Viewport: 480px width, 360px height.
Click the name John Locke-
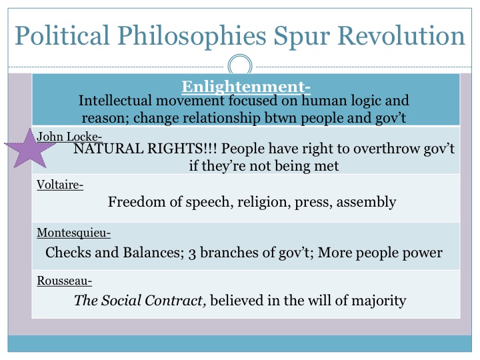tap(69, 136)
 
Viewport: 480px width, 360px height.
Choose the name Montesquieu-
tap(73, 233)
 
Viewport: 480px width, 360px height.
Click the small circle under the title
tap(239, 65)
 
